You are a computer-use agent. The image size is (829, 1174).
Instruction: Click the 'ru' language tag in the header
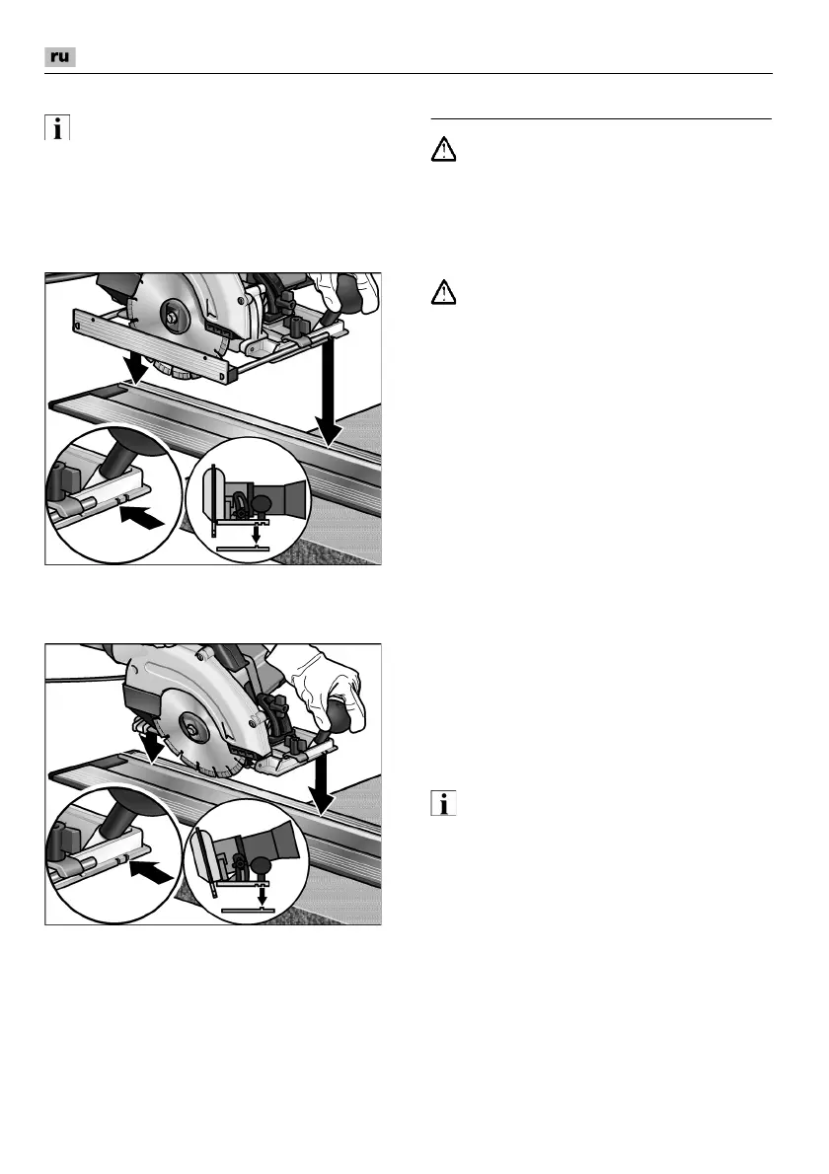pyautogui.click(x=60, y=57)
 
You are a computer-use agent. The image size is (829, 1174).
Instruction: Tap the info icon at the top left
pyautogui.click(x=56, y=129)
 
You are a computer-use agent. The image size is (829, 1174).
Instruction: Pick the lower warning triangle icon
pyautogui.click(x=444, y=293)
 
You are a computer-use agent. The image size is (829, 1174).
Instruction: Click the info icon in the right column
pyautogui.click(x=445, y=805)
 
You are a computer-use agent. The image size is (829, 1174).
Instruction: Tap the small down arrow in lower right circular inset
pyautogui.click(x=261, y=894)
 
